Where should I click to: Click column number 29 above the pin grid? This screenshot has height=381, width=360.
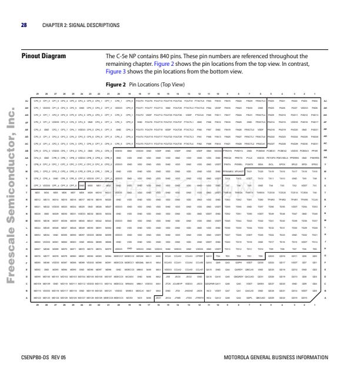(38, 94)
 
